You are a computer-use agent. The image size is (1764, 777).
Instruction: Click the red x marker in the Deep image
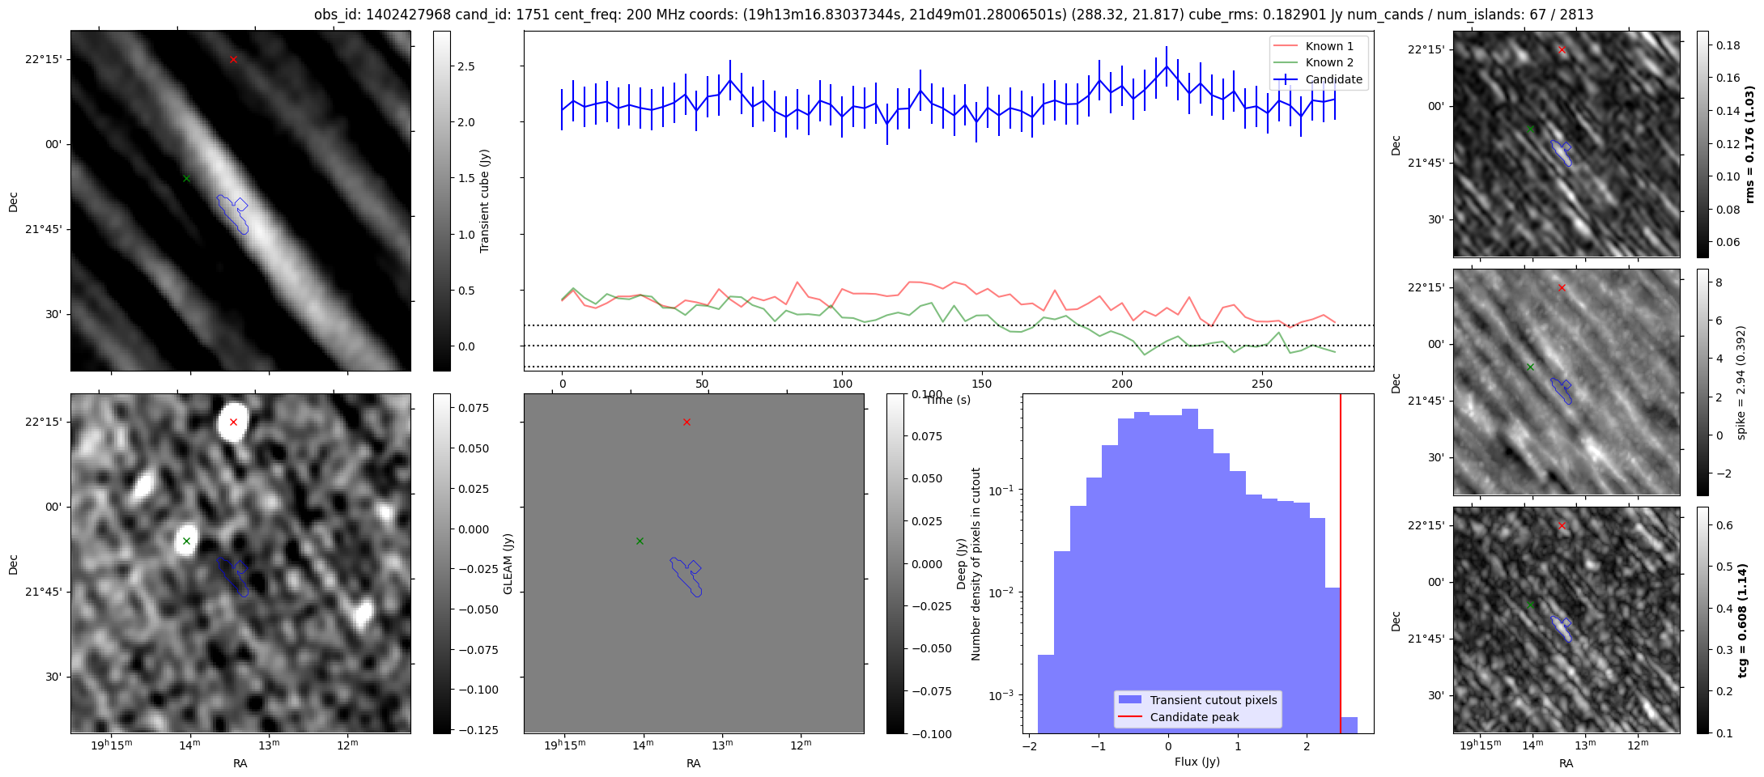[x=233, y=422]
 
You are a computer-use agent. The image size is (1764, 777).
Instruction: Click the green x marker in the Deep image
[x=186, y=541]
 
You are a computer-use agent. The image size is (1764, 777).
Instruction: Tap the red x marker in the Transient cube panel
[x=233, y=59]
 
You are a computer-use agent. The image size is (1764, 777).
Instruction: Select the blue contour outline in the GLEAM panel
[x=686, y=576]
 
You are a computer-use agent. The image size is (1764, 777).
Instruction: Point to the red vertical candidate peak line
[x=1341, y=563]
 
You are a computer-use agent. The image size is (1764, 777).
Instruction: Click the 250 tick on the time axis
[x=1262, y=384]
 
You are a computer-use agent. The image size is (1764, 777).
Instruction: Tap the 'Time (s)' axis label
[x=948, y=400]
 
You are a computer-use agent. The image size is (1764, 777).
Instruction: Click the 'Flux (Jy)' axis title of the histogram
[x=1197, y=762]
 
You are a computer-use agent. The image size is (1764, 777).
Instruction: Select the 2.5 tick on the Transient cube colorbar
[x=465, y=66]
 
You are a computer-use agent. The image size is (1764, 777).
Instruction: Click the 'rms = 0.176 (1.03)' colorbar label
[x=1749, y=144]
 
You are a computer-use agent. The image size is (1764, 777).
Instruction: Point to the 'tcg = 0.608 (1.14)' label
[x=1749, y=620]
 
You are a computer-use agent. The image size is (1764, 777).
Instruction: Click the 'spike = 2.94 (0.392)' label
[x=1741, y=383]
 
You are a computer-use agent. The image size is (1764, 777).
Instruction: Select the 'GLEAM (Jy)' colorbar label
[x=508, y=563]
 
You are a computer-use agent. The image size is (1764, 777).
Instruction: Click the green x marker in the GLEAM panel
[x=640, y=541]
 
